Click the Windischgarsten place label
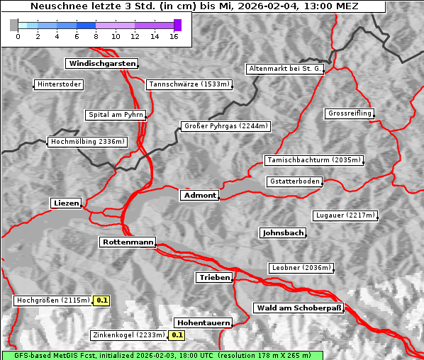tap(101, 64)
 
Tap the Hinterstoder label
tap(60, 85)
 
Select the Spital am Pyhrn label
tap(116, 115)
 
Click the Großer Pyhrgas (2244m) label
tap(225, 127)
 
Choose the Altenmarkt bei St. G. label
tap(285, 69)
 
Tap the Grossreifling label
tap(350, 113)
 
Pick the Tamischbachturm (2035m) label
tap(313, 160)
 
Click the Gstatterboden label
tap(294, 181)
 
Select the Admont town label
tap(199, 196)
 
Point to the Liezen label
tap(67, 203)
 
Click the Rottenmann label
tap(128, 242)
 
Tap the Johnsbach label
tap(283, 232)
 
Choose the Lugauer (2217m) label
tap(344, 215)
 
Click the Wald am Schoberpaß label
tap(298, 308)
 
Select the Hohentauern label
tap(203, 322)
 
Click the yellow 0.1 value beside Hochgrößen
tap(102, 300)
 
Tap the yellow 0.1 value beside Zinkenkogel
tap(177, 335)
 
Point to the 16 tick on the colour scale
tap(174, 36)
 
